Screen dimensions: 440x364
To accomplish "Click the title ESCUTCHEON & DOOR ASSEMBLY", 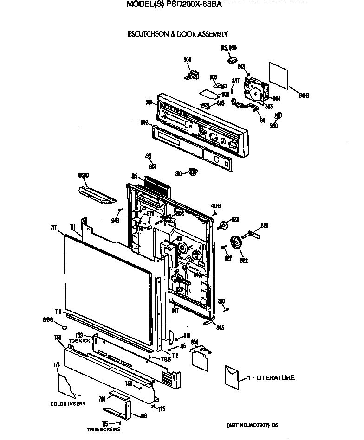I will tap(177, 34).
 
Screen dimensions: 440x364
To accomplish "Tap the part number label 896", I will tap(304, 96).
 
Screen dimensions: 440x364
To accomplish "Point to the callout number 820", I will tap(83, 175).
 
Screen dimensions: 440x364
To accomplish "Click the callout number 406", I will tap(216, 206).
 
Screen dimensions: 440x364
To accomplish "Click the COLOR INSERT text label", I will tap(68, 404).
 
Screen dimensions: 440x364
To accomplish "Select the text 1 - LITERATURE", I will tap(270, 378).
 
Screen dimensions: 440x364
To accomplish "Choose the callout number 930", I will tap(273, 126).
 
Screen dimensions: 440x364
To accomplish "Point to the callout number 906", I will tap(188, 60).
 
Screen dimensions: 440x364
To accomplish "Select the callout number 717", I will tap(54, 228).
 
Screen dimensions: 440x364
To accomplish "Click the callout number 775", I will tap(162, 408).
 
